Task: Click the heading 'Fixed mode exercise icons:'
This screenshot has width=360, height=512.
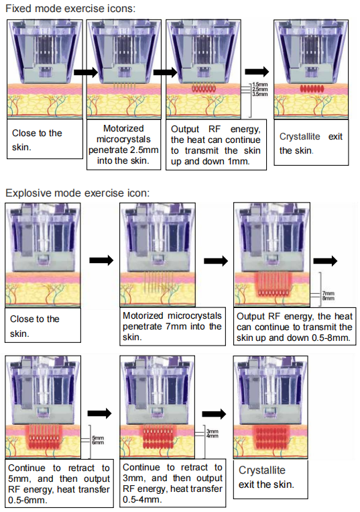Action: point(70,8)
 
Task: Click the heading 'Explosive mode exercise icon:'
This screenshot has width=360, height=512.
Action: point(78,193)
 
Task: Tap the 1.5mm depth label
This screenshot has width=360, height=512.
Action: point(260,85)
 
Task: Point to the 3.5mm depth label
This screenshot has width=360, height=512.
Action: point(260,94)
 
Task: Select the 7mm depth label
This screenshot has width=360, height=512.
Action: point(328,293)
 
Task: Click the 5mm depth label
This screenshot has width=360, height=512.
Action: point(98,438)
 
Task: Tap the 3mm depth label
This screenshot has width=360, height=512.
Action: point(213,431)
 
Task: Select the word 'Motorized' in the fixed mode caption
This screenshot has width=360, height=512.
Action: point(123,128)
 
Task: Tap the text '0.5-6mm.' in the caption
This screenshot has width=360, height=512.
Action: point(27,500)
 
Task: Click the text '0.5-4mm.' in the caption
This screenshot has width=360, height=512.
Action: point(142,499)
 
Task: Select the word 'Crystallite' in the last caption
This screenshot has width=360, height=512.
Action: point(262,470)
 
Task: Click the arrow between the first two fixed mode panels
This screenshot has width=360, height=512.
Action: point(86,72)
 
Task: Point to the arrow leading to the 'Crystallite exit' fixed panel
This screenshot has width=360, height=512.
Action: point(257,72)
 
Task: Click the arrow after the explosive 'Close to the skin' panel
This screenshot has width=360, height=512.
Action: point(101,260)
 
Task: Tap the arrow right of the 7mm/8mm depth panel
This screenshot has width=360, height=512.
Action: point(325,261)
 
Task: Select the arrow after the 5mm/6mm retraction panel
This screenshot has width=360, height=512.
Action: point(100,413)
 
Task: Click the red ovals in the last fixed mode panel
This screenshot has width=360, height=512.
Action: point(312,89)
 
